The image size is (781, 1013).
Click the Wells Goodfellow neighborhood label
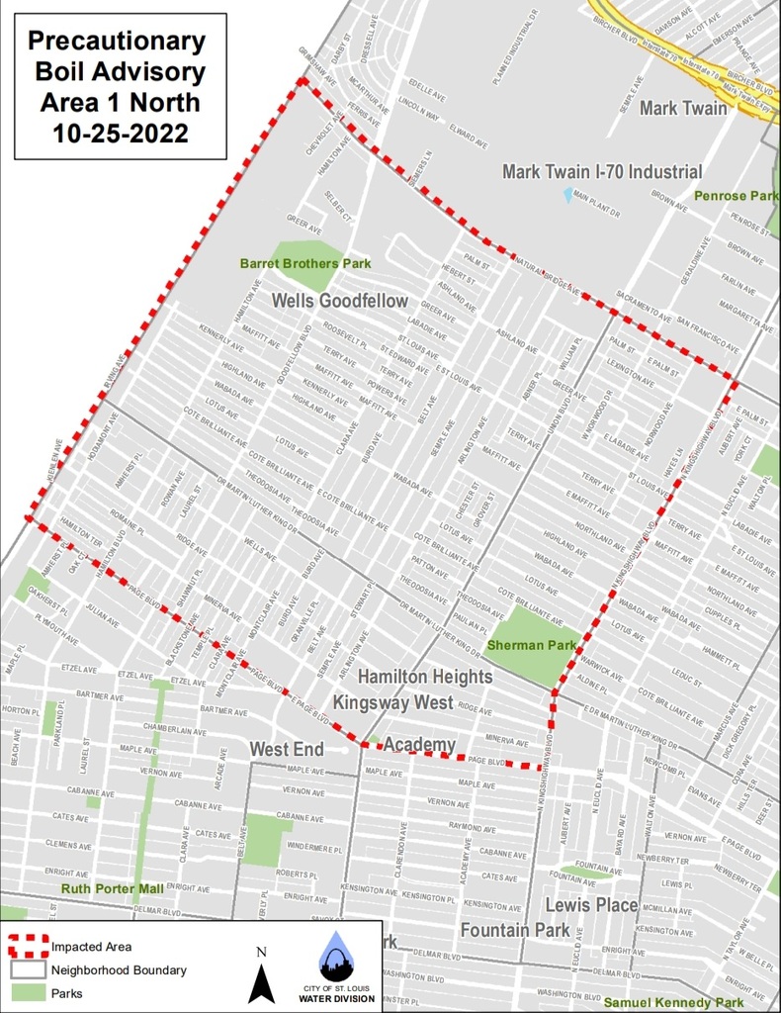tap(339, 301)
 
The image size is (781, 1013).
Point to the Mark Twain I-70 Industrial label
tap(602, 172)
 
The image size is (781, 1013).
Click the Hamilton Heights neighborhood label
tap(424, 678)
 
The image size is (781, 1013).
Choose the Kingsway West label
tap(392, 703)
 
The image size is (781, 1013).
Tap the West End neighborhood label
tap(287, 750)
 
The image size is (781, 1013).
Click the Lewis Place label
tap(591, 905)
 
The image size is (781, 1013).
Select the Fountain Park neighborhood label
tap(514, 930)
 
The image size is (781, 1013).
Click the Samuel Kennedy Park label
tap(673, 1002)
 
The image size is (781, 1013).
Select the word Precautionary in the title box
tap(117, 42)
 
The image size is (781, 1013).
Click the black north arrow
tap(261, 983)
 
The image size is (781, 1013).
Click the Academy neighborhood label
tap(419, 745)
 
